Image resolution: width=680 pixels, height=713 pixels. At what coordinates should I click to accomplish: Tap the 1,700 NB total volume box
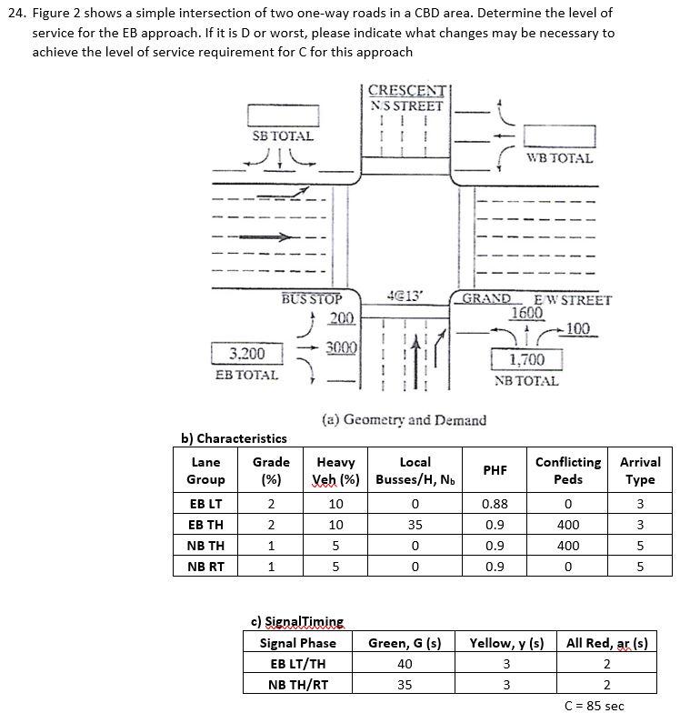(526, 361)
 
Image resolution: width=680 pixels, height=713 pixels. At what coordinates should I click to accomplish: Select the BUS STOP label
(312, 298)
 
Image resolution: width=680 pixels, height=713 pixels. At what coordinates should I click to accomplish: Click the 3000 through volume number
(340, 348)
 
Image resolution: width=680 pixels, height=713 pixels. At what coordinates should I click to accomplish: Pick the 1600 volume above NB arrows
(526, 313)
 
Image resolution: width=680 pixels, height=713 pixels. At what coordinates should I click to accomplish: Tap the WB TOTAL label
(559, 158)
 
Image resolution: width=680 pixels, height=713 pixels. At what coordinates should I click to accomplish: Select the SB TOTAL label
(283, 136)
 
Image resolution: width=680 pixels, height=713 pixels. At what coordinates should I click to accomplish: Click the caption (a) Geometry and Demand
(404, 419)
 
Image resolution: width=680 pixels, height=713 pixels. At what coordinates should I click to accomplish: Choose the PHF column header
(495, 470)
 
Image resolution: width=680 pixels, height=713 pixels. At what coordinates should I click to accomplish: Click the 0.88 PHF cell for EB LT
(495, 502)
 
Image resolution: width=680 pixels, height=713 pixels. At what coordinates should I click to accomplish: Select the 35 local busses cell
(415, 524)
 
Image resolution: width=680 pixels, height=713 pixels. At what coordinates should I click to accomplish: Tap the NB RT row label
(206, 567)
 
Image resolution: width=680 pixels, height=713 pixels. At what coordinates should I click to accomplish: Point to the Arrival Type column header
(640, 470)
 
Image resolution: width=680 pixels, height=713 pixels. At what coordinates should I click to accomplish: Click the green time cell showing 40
(405, 664)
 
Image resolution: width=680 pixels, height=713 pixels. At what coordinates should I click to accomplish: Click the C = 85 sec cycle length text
(595, 705)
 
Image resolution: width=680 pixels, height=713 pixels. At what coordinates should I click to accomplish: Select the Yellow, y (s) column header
(506, 643)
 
